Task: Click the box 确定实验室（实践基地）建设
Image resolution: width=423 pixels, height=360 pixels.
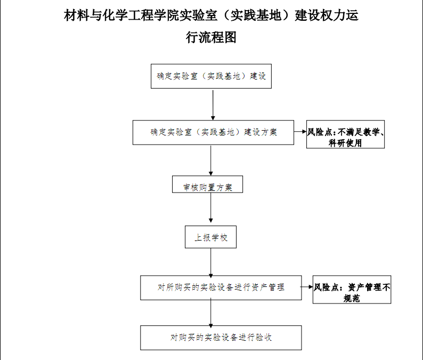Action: (211, 76)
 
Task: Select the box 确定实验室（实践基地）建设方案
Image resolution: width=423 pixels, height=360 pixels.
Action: (213, 132)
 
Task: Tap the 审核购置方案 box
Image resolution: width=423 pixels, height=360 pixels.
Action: (207, 184)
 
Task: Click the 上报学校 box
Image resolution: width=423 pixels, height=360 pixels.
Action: (210, 237)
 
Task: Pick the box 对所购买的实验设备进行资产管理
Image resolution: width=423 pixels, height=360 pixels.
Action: (221, 287)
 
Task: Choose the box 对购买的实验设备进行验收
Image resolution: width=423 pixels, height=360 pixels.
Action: (221, 338)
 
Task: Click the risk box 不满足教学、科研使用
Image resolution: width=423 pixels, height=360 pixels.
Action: (345, 134)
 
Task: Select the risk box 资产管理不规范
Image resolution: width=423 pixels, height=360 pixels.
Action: (352, 290)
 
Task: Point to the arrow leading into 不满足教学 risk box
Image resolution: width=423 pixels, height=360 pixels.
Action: (300, 132)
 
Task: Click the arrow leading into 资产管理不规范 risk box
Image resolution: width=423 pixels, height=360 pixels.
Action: (307, 287)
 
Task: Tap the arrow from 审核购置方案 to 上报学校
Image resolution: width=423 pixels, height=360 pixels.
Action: (210, 207)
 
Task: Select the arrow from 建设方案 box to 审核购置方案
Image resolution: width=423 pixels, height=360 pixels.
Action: (210, 161)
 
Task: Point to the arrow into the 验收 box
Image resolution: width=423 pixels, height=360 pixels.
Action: (210, 313)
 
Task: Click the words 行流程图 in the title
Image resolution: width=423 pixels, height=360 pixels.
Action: (211, 37)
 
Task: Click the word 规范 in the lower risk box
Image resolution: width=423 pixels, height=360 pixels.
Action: (352, 298)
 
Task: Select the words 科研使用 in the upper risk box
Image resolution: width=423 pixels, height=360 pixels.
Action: (345, 143)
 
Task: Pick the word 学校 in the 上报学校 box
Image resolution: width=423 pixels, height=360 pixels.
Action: (219, 238)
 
